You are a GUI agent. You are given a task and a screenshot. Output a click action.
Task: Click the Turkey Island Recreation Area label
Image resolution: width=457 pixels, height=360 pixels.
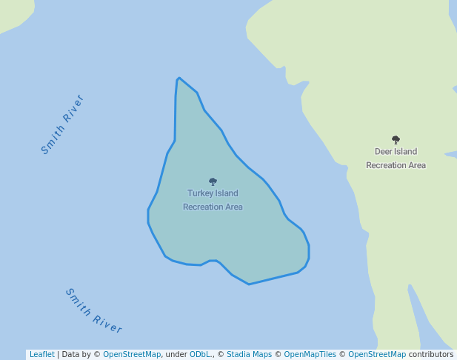tap(213, 200)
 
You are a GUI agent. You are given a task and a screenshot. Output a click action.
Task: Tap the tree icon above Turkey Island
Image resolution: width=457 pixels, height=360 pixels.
tap(213, 181)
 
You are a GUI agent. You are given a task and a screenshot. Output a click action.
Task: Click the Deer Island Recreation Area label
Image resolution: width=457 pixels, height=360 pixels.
tap(396, 159)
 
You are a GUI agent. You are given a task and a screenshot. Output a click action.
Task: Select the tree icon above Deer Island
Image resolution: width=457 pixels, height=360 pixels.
tap(396, 139)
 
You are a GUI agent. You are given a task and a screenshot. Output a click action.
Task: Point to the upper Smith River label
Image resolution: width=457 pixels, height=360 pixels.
tap(62, 124)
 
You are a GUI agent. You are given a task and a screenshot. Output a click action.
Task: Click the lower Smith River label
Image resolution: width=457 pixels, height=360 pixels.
tap(94, 311)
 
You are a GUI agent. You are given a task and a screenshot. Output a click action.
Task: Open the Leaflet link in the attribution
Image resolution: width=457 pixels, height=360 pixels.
tap(41, 355)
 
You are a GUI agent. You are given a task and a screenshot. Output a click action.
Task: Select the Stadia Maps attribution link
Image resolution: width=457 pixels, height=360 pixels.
tap(249, 355)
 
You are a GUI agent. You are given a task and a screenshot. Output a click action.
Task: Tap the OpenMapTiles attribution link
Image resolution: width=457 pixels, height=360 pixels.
tap(307, 355)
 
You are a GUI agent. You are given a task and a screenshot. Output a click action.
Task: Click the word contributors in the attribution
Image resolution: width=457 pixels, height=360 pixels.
tap(431, 355)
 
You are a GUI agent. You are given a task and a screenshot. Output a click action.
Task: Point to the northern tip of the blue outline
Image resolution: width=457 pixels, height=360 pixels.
tap(179, 78)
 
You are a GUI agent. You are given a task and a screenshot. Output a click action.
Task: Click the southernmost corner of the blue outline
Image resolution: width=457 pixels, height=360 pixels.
tap(249, 284)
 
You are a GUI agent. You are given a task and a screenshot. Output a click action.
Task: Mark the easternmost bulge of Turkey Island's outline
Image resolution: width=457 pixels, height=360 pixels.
tap(309, 252)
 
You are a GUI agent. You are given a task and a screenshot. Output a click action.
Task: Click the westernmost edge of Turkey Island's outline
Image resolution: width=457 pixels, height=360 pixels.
tap(148, 216)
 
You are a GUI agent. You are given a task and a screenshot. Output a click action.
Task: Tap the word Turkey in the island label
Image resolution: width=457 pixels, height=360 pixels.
tap(199, 193)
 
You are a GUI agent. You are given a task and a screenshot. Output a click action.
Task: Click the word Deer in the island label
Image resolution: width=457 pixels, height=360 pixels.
tap(383, 152)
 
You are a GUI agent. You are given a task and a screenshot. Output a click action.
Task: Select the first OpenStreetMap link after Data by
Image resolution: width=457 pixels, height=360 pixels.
tap(132, 355)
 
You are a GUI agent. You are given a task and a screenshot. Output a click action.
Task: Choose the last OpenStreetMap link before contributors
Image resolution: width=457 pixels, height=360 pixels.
tap(377, 355)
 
